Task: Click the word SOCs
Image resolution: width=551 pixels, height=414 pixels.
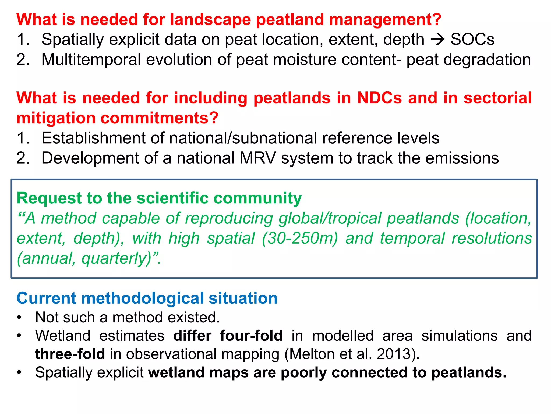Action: (x=472, y=40)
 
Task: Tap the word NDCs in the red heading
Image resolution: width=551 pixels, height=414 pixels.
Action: (x=379, y=98)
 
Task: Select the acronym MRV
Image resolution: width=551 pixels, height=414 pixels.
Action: (x=258, y=158)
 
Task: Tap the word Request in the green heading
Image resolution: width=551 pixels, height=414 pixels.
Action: (x=49, y=198)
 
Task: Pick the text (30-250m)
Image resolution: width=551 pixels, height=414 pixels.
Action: (x=300, y=238)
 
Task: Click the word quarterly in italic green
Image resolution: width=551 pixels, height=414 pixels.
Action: (x=116, y=258)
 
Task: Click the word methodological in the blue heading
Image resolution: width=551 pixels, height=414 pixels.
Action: (x=143, y=298)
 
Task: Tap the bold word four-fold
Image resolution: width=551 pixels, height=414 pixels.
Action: (x=251, y=336)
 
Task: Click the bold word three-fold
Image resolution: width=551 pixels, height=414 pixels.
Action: (x=70, y=354)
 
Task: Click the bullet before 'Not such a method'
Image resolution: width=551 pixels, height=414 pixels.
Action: (x=19, y=318)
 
